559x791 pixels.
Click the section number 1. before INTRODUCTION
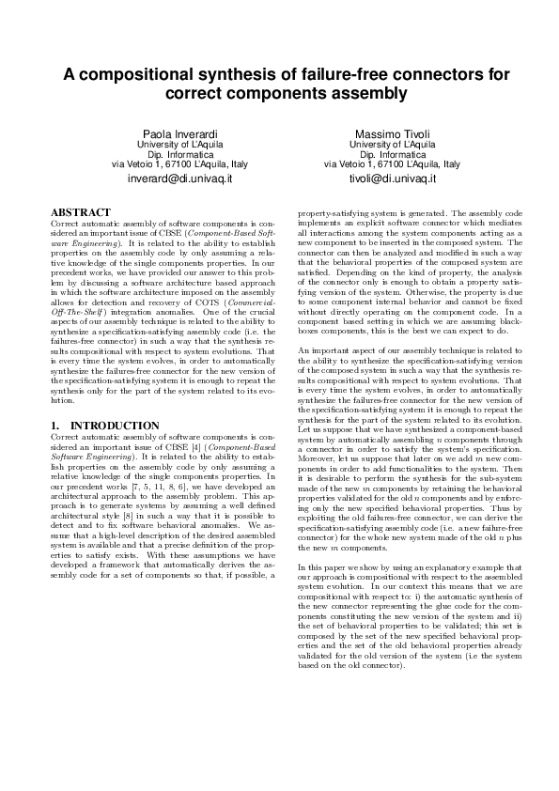[x=54, y=426]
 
